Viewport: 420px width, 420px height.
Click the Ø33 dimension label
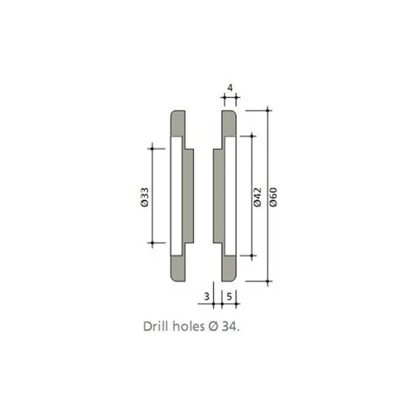pyautogui.click(x=145, y=197)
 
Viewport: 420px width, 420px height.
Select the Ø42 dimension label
pyautogui.click(x=257, y=197)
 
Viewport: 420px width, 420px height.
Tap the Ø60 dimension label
pyautogui.click(x=273, y=197)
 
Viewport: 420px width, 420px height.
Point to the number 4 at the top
pyautogui.click(x=230, y=88)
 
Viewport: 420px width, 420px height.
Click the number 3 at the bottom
pyautogui.click(x=206, y=297)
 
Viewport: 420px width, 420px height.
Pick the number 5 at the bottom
pyautogui.click(x=230, y=297)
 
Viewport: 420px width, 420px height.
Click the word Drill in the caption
pyautogui.click(x=156, y=326)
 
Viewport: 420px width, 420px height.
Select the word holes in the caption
pyautogui.click(x=188, y=326)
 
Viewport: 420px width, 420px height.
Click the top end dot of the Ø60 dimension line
pyautogui.click(x=267, y=111)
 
